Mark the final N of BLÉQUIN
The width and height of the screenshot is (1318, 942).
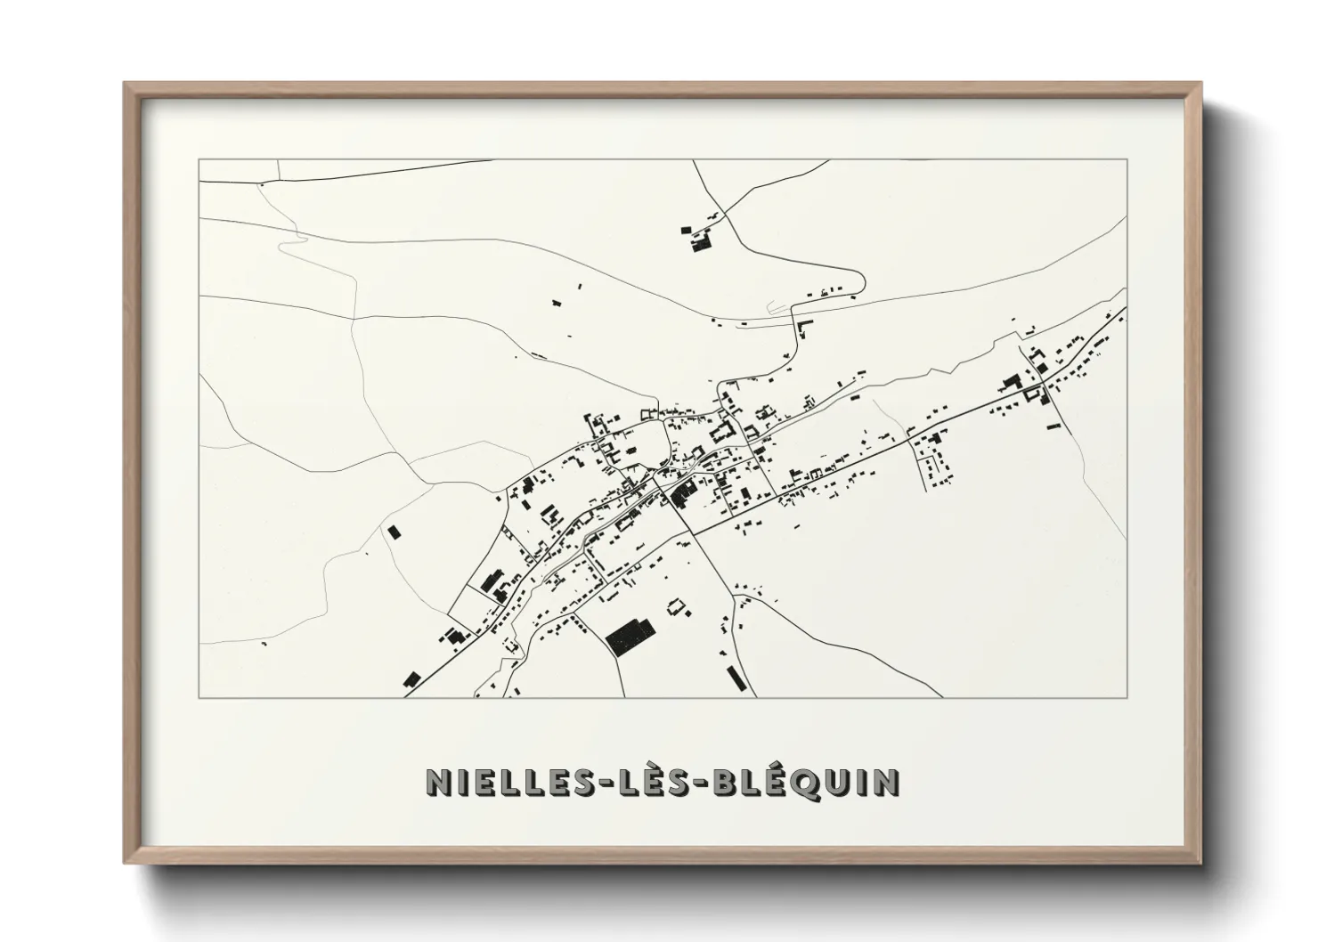[886, 781]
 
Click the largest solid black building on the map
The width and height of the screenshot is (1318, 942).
[630, 634]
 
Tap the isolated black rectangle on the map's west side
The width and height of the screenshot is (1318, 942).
[393, 532]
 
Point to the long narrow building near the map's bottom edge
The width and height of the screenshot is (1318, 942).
[735, 677]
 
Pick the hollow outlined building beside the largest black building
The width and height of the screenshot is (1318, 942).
[679, 608]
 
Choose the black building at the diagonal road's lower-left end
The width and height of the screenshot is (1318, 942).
[411, 679]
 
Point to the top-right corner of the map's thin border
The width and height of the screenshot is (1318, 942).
[1127, 159]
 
